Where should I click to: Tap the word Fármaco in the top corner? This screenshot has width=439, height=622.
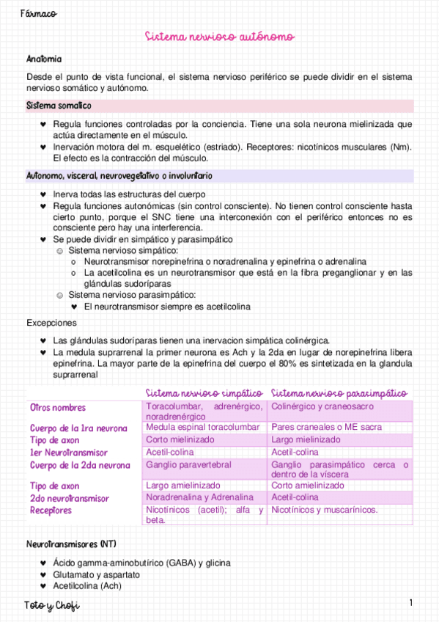[39, 14]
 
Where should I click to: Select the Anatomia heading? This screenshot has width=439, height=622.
[44, 59]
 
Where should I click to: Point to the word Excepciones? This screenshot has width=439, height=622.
[51, 322]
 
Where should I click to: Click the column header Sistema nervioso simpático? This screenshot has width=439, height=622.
[204, 393]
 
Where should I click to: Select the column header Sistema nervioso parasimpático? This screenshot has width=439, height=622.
[339, 393]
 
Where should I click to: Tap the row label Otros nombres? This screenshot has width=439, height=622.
[58, 408]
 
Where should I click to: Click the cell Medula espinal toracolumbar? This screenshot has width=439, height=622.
[203, 427]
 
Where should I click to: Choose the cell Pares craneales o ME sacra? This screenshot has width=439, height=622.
[325, 427]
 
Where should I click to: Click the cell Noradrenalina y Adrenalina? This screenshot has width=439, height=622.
[198, 497]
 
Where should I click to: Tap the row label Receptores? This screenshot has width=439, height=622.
[51, 511]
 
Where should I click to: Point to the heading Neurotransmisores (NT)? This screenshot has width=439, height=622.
[71, 544]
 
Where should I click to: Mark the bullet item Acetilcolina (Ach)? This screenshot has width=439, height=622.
[87, 586]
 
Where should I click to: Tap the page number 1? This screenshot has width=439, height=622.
[411, 603]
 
